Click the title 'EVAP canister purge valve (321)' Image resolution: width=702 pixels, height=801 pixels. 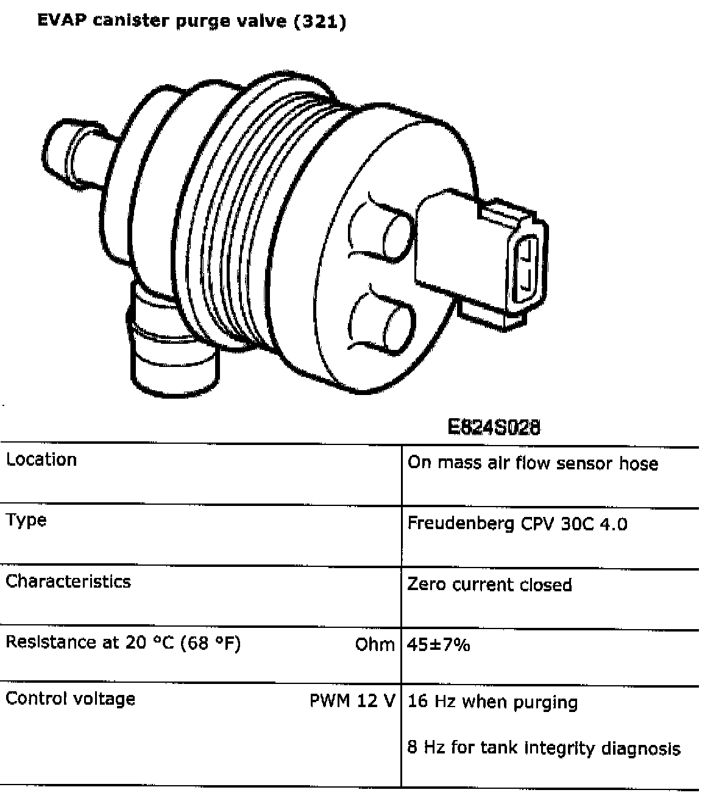tap(191, 21)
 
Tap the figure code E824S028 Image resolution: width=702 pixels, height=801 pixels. tap(494, 427)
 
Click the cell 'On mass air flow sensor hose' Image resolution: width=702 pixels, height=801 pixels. tap(533, 463)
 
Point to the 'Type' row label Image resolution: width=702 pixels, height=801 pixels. tap(26, 521)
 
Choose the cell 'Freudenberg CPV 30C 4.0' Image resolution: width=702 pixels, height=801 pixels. tap(517, 524)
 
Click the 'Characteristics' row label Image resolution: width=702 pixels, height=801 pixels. tap(68, 581)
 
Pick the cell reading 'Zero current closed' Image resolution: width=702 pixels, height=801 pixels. tap(489, 585)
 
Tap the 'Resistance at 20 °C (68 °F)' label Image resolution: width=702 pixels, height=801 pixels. tap(123, 643)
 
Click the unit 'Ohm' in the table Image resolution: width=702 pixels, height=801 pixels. tap(375, 644)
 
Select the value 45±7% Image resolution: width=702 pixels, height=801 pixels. tap(439, 644)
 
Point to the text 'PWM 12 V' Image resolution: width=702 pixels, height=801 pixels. tap(352, 700)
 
